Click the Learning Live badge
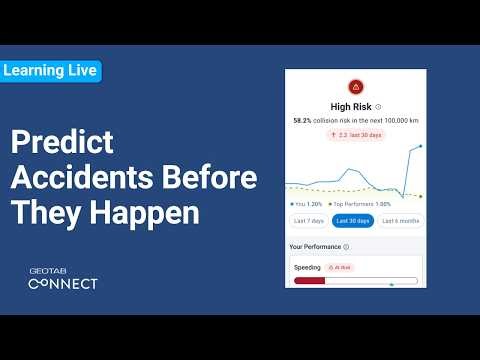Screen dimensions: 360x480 (50, 71)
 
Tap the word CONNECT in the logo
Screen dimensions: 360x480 (62, 284)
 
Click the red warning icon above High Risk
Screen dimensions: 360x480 (355, 86)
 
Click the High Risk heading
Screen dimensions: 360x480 (351, 105)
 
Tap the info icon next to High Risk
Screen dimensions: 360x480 (378, 105)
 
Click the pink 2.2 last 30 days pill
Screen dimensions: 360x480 (355, 134)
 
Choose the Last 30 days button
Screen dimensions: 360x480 (354, 220)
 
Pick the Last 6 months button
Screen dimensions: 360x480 (400, 220)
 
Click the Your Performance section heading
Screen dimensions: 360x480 (314, 246)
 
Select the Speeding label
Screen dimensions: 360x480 (307, 268)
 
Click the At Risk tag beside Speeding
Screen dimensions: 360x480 (340, 268)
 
